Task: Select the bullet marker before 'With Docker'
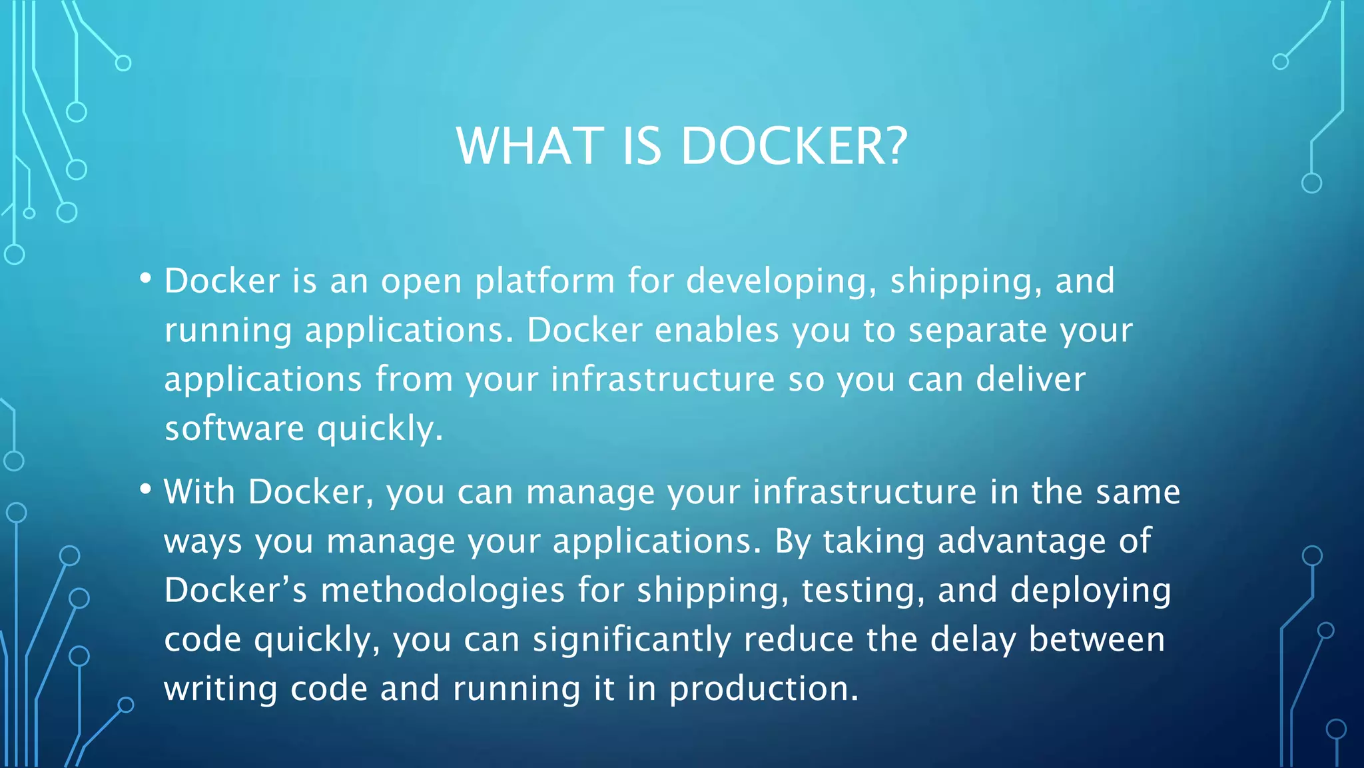click(146, 489)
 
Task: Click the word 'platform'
click(544, 281)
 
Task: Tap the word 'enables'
click(717, 330)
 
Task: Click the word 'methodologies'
click(443, 591)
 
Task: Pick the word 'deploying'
click(1090, 591)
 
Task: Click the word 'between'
click(1097, 640)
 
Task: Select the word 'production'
click(763, 689)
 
